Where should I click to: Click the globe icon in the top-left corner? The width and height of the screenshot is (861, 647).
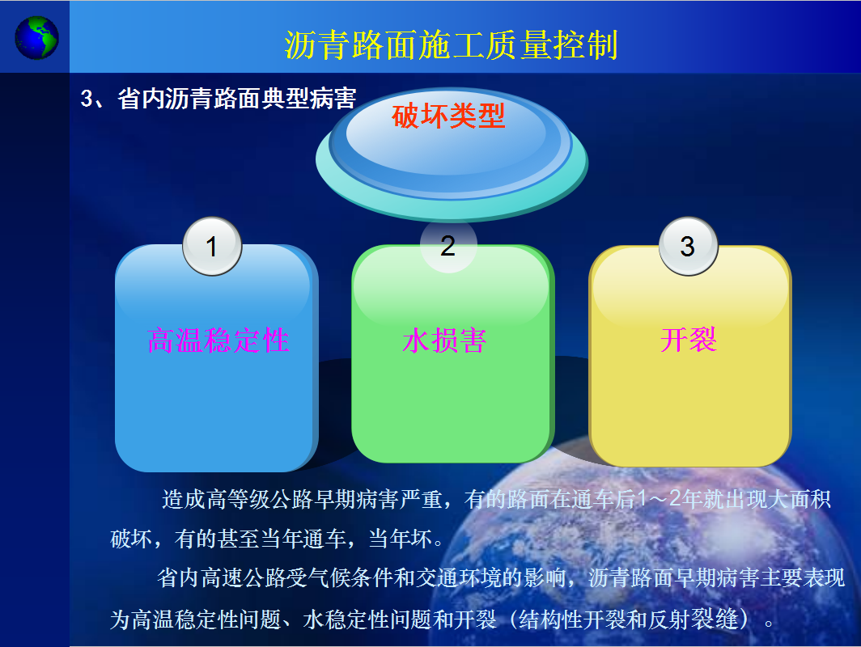[x=36, y=37]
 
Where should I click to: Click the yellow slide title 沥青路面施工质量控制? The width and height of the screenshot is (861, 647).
[x=452, y=44]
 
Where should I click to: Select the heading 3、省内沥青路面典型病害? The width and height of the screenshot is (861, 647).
[x=218, y=99]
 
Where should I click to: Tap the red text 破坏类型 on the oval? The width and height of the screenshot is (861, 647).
[x=448, y=116]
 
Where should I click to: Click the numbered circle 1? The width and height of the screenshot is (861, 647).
[x=212, y=247]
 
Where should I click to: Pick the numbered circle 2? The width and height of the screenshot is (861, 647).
[x=448, y=245]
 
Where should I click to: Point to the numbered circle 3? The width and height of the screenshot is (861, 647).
[x=688, y=247]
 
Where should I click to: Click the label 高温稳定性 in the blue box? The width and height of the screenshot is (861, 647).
[x=218, y=340]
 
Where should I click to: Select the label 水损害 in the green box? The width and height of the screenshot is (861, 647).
[x=444, y=340]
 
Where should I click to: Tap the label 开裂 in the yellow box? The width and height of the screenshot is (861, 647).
[x=689, y=340]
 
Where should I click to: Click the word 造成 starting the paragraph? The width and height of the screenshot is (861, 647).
[x=184, y=499]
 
